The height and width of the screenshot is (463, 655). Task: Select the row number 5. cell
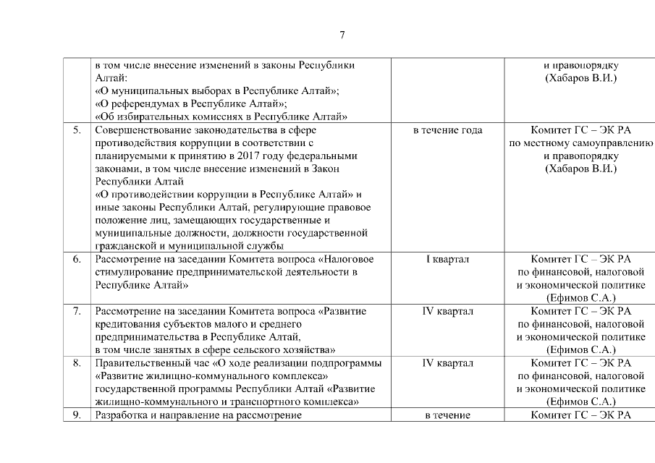pos(76,130)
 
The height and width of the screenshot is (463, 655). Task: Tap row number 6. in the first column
pos(76,259)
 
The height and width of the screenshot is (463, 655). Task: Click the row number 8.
pos(76,363)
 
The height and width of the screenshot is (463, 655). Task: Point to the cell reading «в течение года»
pos(447,130)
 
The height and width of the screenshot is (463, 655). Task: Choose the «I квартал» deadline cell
pos(447,259)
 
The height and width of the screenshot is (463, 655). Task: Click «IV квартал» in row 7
pos(447,311)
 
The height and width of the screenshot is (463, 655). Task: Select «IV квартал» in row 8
pos(447,363)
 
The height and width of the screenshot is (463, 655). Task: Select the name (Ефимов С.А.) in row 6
pos(580,298)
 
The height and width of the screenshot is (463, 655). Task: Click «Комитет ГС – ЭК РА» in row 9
pos(580,415)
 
